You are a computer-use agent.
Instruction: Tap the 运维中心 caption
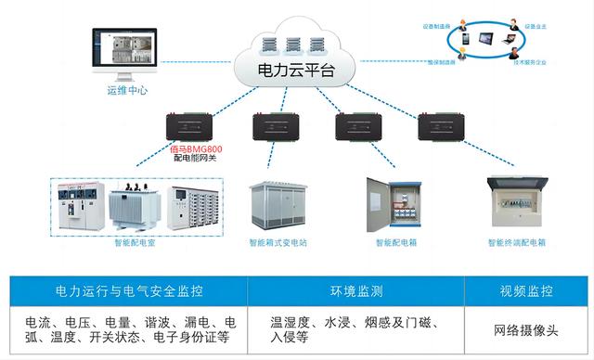(127, 91)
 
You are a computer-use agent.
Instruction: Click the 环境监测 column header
(354, 290)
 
